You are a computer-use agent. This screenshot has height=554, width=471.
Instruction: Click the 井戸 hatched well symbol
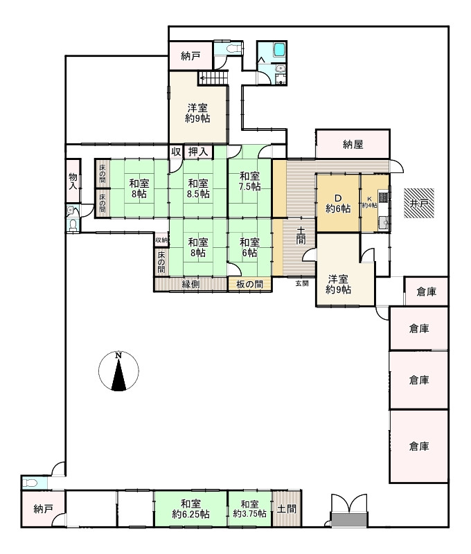[419, 203]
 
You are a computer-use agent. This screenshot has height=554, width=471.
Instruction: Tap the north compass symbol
[118, 371]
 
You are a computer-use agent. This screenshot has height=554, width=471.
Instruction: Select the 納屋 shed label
[353, 144]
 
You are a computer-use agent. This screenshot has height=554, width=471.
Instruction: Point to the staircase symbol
[213, 78]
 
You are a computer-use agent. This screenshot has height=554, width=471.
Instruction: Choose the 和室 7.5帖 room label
[250, 181]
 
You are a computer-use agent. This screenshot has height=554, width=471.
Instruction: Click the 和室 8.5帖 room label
[198, 188]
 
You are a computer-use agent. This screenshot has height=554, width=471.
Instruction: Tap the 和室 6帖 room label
[250, 248]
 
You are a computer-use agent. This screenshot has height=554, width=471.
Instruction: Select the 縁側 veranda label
[190, 284]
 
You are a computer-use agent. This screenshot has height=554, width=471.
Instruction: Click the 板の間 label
[250, 284]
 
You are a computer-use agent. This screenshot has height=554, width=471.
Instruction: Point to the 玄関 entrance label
[302, 283]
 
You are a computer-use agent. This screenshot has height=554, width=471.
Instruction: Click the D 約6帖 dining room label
[338, 203]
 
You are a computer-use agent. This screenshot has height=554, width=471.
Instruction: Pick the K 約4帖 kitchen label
[369, 202]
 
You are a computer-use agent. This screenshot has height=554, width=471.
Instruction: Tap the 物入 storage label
[73, 181]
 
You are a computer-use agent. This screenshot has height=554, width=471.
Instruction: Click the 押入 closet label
[198, 152]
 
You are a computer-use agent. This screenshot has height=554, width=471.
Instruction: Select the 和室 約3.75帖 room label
[250, 509]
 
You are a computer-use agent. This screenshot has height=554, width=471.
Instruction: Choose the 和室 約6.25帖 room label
[190, 509]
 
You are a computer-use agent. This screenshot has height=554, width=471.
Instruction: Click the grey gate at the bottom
[349, 519]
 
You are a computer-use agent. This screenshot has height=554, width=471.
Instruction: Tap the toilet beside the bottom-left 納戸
[30, 483]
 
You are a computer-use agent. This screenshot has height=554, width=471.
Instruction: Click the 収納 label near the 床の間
[161, 240]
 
